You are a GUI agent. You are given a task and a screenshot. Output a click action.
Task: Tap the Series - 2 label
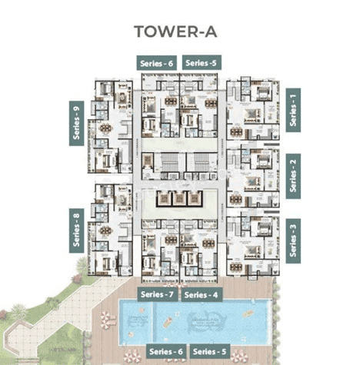[x=292, y=175]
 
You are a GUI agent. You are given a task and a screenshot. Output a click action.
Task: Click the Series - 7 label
[x=157, y=294]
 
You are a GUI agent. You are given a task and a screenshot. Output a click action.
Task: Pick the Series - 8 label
[x=76, y=230]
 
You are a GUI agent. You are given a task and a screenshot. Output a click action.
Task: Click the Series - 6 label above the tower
[x=157, y=63]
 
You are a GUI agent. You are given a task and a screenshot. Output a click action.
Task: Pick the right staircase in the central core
[x=198, y=163]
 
